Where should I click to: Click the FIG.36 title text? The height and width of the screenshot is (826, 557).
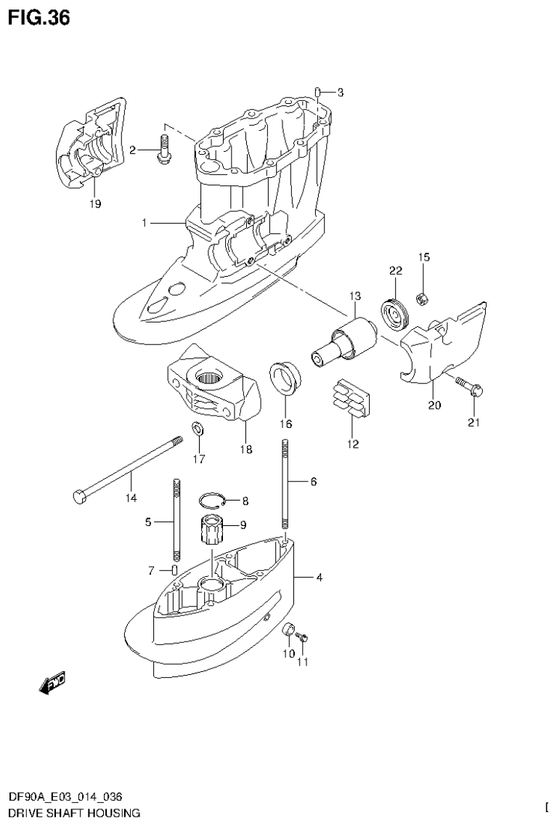click(39, 17)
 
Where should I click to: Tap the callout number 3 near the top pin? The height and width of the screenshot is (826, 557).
click(340, 92)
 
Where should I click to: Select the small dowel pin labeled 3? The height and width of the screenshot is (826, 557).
click(318, 91)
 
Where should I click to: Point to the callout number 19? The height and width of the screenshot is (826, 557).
click(95, 204)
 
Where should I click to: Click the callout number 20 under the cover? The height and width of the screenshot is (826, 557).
click(434, 405)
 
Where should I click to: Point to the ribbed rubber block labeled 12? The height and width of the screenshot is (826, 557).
click(352, 399)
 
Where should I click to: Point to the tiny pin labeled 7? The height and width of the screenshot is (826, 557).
click(175, 569)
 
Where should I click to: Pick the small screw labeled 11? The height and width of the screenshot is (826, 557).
click(305, 637)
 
